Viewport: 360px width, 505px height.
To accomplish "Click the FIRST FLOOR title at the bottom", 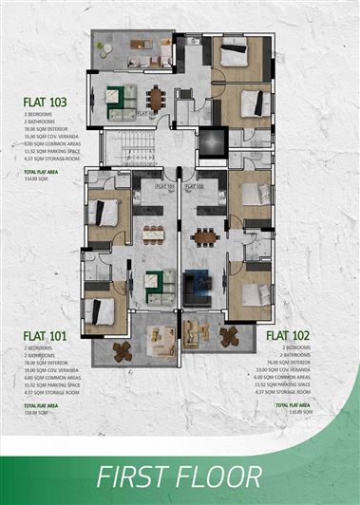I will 180,475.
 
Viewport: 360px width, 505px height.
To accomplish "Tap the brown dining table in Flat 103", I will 155,96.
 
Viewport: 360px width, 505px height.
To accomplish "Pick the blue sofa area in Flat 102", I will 199,282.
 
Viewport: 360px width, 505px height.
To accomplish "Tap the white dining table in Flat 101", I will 152,234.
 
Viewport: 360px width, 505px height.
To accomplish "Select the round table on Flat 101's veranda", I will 122,350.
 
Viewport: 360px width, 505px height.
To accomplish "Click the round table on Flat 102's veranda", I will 229,335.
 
